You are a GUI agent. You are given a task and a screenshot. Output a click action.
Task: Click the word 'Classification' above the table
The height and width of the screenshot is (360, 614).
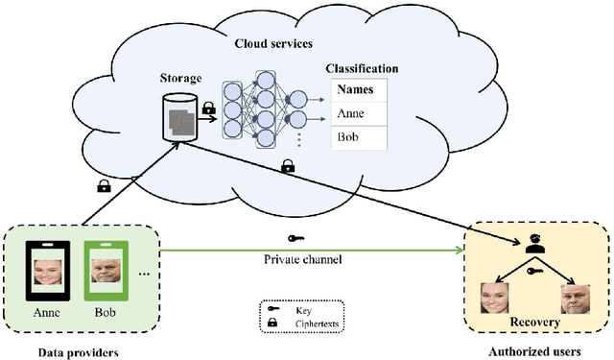(x=362, y=69)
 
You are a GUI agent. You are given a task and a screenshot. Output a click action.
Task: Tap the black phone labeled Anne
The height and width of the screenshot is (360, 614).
(x=45, y=271)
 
